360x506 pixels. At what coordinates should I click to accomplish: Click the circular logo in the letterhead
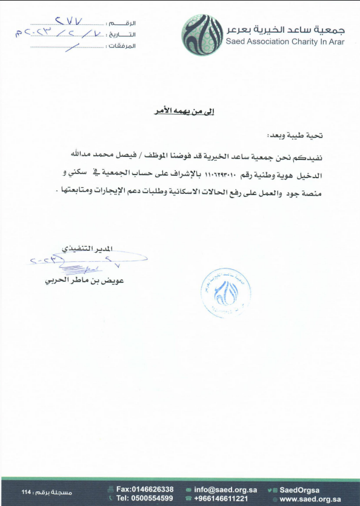point(203,35)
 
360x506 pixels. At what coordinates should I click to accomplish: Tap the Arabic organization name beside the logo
point(285,28)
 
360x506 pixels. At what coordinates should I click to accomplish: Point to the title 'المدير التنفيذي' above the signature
point(88,249)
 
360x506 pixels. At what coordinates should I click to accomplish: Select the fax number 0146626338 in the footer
point(145,489)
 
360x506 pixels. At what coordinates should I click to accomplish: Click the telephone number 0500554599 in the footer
point(145,498)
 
